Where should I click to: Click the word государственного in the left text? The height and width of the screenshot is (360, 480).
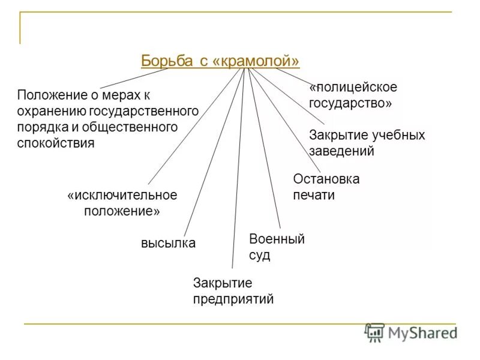(x=144, y=111)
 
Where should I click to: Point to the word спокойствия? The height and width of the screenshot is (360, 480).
(x=56, y=143)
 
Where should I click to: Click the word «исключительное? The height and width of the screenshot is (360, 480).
(x=122, y=196)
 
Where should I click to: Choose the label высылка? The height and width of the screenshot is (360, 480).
(x=168, y=243)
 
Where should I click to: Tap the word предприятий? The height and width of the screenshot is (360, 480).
(x=233, y=298)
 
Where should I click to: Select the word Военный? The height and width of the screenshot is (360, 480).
(x=277, y=239)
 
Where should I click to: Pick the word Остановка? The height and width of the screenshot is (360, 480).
(x=326, y=179)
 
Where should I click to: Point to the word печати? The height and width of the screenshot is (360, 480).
(x=314, y=195)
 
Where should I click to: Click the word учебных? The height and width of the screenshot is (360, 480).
(x=397, y=135)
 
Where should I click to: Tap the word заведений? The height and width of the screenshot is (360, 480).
(x=341, y=151)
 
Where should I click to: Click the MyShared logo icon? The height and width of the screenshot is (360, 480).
(x=375, y=332)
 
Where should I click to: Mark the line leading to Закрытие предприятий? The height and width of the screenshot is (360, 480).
(x=239, y=168)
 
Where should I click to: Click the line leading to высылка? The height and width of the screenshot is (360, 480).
(x=213, y=153)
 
